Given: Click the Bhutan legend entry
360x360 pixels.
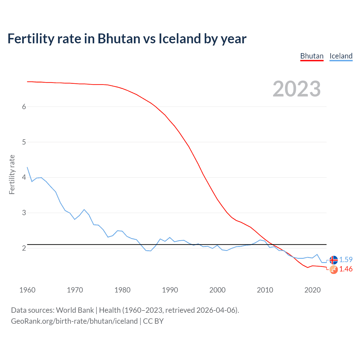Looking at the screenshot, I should click(312, 56).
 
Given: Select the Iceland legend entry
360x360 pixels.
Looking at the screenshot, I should click(341, 56).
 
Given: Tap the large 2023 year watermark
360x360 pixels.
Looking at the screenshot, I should click(296, 89).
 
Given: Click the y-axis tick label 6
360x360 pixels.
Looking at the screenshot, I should click(24, 107).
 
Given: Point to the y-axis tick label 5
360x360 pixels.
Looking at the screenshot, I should click(24, 142).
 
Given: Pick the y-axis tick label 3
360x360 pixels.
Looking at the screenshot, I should click(24, 213).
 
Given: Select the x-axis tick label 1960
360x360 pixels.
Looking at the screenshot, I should click(27, 290).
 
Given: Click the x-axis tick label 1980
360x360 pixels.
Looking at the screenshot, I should click(122, 290).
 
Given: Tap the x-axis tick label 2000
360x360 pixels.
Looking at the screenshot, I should click(217, 290).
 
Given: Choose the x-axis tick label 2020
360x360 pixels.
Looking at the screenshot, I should click(312, 290).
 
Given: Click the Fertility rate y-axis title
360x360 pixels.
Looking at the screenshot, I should click(12, 174).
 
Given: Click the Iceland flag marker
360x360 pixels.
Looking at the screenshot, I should click(334, 260).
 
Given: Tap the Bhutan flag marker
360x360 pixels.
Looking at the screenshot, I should click(334, 270).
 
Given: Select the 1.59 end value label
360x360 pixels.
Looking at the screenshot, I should click(346, 260).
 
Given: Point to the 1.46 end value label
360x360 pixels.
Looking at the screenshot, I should click(346, 269).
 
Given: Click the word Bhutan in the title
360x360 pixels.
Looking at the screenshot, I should click(119, 39).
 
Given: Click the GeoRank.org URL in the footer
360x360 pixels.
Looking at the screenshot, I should click(74, 321).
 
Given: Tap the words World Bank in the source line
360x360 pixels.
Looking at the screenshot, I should click(75, 310).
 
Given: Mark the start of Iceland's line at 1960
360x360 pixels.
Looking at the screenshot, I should click(27, 167).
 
